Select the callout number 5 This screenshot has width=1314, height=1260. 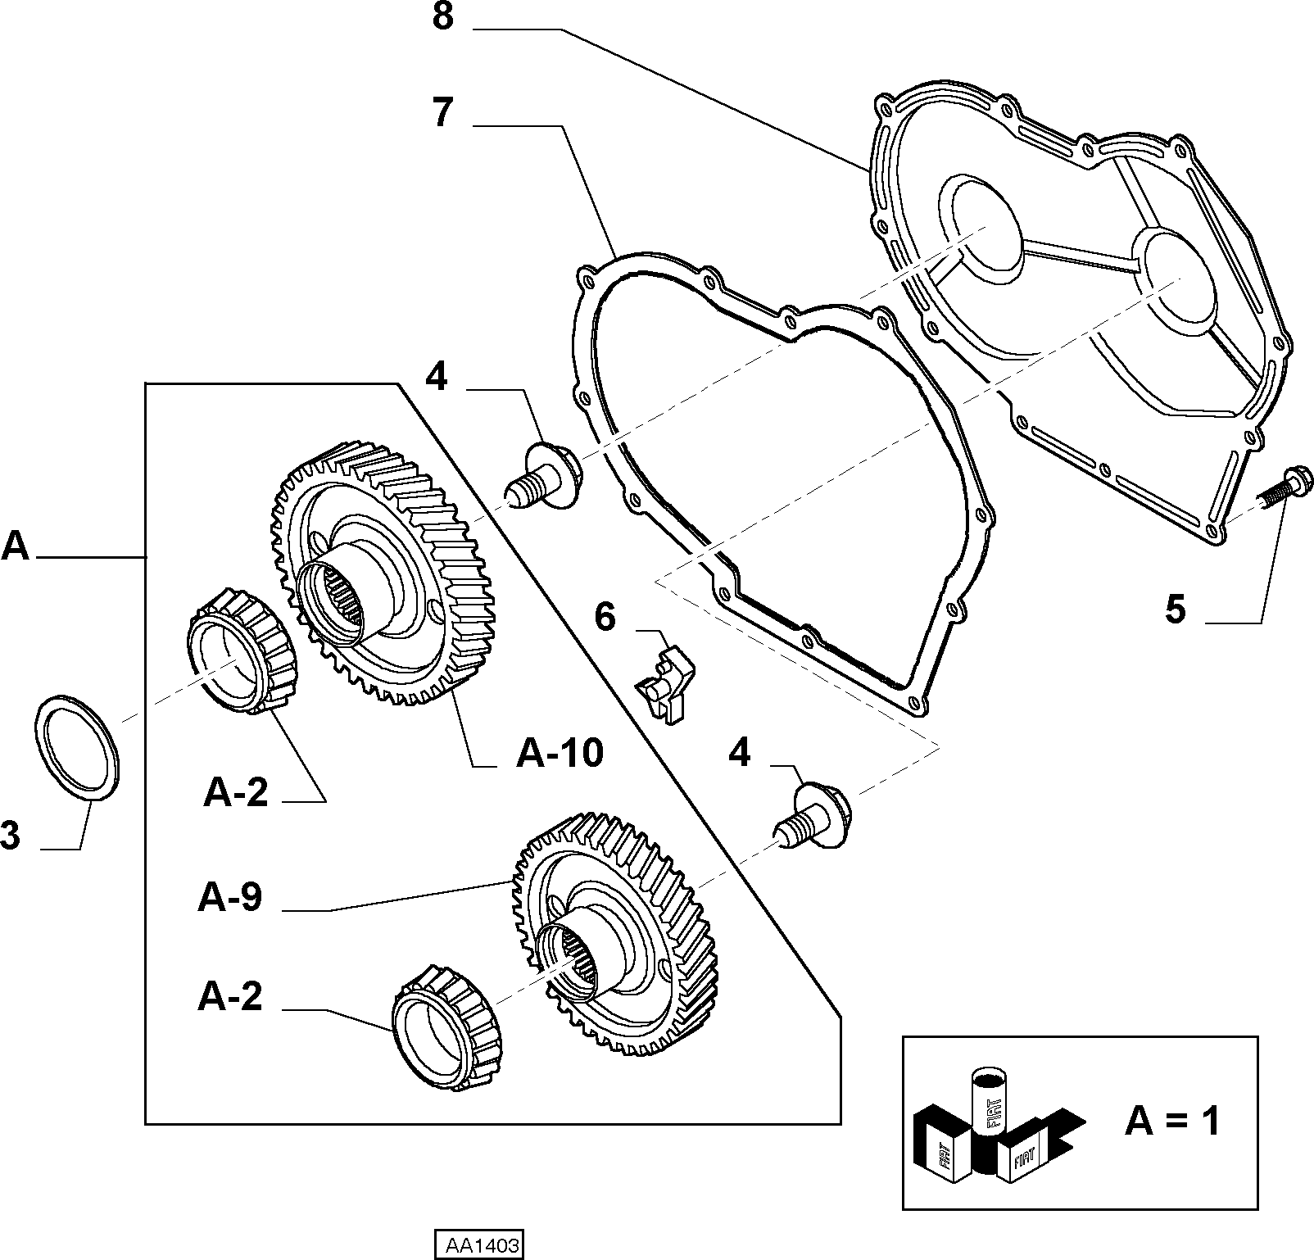click(1176, 610)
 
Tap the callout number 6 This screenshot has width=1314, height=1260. click(605, 617)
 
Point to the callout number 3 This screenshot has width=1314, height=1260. click(10, 836)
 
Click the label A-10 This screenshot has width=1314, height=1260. click(560, 752)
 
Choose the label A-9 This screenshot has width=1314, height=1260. click(230, 897)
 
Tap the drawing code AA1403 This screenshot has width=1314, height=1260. click(478, 1246)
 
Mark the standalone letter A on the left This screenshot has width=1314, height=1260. click(15, 546)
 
